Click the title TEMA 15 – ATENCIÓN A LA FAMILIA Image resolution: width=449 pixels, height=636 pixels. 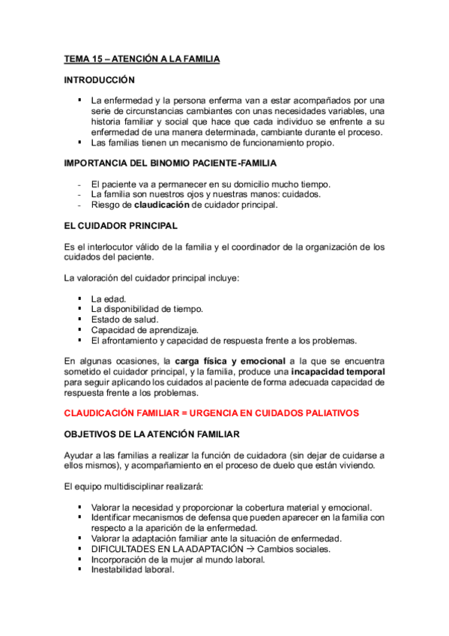pyautogui.click(x=142, y=58)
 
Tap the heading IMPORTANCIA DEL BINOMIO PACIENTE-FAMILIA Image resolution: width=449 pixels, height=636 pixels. pyautogui.click(x=170, y=163)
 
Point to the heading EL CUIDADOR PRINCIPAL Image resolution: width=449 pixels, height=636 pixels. pyautogui.click(x=120, y=224)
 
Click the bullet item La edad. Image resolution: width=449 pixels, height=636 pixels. pyautogui.click(x=108, y=298)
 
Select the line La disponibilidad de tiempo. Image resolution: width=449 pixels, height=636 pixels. pyautogui.click(x=146, y=308)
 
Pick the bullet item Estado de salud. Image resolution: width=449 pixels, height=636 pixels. pyautogui.click(x=124, y=319)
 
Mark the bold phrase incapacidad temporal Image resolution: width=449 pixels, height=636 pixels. pyautogui.click(x=338, y=371)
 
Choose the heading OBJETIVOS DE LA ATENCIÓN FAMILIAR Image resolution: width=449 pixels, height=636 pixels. pyautogui.click(x=161, y=433)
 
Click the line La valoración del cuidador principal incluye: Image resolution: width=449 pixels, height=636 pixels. pyautogui.click(x=151, y=278)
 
